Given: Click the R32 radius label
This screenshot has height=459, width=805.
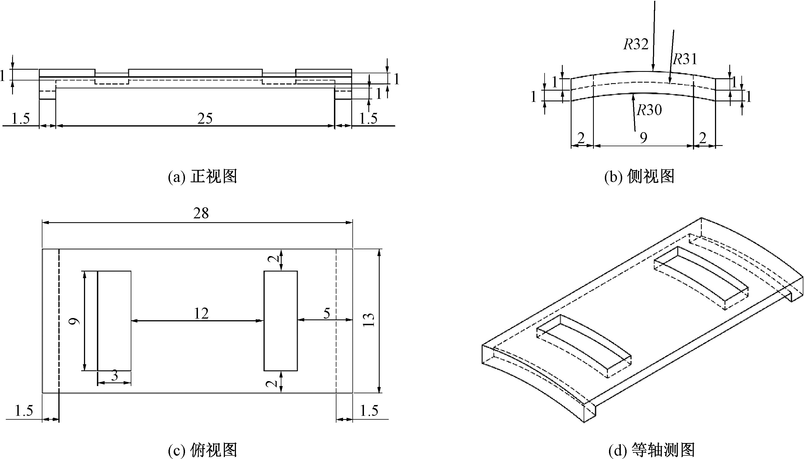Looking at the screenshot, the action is [636, 44].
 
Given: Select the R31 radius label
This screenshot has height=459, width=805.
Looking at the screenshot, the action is [685, 59].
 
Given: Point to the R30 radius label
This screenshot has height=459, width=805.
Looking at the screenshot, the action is [649, 110].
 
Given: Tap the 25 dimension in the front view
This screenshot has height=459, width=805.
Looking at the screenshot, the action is [205, 118].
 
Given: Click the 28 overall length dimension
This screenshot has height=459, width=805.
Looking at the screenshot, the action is [201, 213].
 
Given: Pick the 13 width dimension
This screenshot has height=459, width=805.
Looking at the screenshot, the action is [368, 320].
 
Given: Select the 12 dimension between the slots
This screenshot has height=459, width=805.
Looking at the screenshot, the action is [201, 313].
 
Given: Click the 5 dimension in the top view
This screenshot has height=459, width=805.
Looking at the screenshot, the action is [327, 313].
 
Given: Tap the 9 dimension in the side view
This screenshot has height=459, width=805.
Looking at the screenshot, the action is [644, 138].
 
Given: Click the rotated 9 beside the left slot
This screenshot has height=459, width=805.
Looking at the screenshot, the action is [74, 321].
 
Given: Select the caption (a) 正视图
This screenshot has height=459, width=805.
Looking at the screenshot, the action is [202, 176].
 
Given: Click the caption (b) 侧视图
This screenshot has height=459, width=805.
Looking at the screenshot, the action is [639, 176].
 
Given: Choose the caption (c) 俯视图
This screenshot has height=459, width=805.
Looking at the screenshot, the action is [202, 450].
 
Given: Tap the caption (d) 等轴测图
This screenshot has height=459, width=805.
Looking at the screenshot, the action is [652, 450].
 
